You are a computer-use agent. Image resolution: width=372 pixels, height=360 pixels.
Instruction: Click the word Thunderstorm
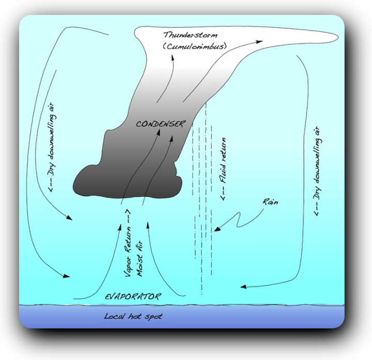click(187, 35)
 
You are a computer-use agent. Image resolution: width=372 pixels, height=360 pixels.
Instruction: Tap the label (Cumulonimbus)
click(194, 46)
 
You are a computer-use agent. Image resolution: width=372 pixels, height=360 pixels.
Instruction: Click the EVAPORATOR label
click(133, 296)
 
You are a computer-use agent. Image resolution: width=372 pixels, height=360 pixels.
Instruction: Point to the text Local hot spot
click(133, 316)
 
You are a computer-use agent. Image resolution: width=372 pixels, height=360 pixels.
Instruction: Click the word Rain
click(270, 202)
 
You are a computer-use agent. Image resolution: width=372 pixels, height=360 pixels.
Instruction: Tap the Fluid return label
click(223, 168)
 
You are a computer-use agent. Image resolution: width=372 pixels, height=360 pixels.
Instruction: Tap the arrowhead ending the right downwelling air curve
click(243, 286)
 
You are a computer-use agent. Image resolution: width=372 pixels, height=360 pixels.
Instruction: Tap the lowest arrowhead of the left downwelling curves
click(66, 277)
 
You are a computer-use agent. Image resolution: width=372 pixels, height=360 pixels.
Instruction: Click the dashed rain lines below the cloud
click(203, 248)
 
